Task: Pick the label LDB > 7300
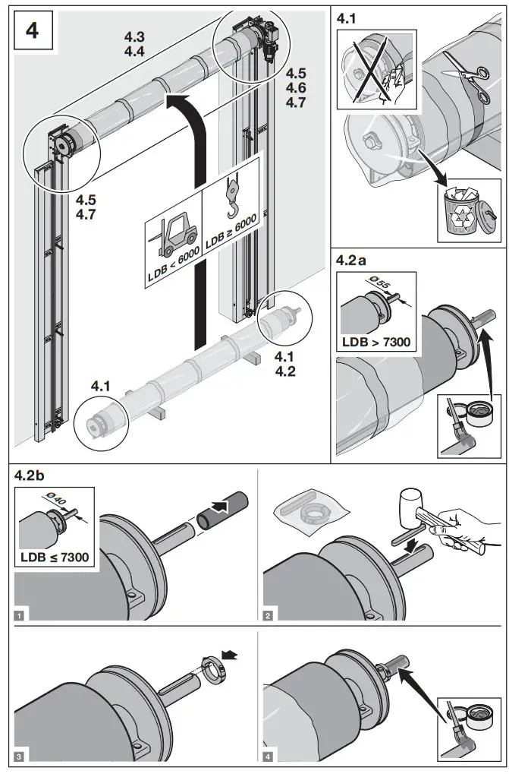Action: [376, 341]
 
